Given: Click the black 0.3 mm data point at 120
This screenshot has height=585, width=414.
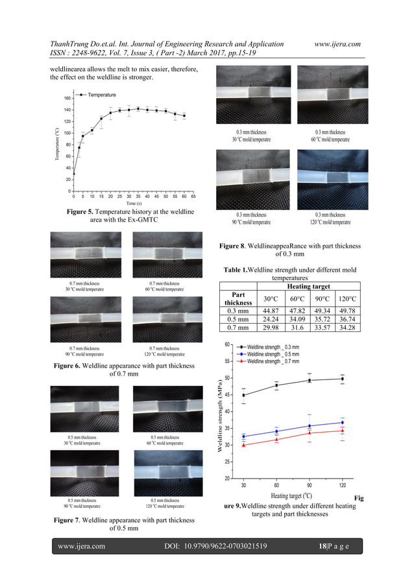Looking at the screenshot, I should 342,379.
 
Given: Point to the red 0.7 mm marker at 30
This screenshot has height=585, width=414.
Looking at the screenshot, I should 244,445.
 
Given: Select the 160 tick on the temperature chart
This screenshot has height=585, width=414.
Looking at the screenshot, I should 67,99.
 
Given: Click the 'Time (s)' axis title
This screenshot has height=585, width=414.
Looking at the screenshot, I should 134,203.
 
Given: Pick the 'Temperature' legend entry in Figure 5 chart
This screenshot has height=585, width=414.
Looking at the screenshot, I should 97,95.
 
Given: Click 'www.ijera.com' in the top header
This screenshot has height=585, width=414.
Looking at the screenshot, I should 337,43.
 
